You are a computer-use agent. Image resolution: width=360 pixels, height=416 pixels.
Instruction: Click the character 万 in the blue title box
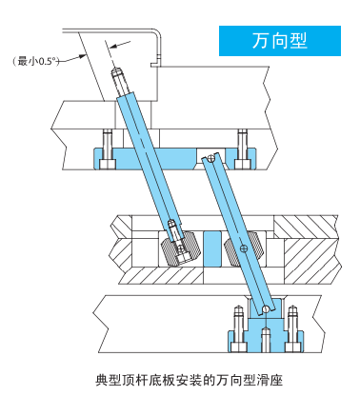(261, 41)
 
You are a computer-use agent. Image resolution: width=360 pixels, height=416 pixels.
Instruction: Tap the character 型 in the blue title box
(298, 41)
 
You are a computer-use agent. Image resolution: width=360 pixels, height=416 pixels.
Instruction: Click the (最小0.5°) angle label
(36, 61)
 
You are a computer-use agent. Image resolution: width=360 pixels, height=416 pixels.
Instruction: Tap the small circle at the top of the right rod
(210, 157)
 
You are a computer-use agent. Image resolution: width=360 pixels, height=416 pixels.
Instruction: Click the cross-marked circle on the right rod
(244, 248)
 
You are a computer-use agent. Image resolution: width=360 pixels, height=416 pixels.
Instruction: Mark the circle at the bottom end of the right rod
(266, 308)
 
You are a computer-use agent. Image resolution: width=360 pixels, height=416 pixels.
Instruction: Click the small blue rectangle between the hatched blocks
(212, 248)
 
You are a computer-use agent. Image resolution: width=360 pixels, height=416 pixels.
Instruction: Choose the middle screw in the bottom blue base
(266, 340)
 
